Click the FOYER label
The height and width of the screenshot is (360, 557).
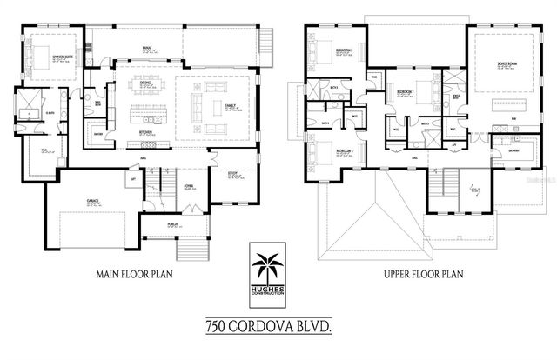(187, 185)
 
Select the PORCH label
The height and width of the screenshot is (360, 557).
(173, 224)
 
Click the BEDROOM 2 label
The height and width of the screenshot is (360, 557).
(345, 50)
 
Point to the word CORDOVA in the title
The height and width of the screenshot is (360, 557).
(271, 326)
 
